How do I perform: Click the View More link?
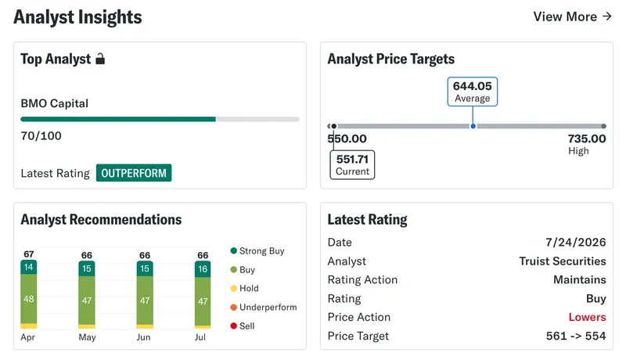(573, 16)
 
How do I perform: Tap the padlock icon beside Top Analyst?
(100, 59)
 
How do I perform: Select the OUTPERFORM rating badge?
(134, 173)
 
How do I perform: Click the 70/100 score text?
(41, 136)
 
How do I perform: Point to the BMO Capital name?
(54, 103)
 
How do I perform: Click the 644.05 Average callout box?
(473, 92)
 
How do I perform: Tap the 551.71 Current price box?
(352, 165)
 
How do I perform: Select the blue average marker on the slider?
(473, 126)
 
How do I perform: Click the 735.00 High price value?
(587, 139)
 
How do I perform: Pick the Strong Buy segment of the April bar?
(29, 267)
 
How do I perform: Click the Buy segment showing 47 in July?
(203, 301)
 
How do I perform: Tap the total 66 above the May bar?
(87, 255)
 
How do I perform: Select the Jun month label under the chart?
(144, 337)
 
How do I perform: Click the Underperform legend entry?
(264, 308)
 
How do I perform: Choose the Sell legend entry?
(243, 326)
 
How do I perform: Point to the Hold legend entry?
(245, 288)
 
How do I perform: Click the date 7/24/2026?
(576, 243)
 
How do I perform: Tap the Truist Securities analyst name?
(563, 261)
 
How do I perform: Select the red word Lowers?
(588, 317)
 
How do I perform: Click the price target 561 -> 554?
(576, 336)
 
